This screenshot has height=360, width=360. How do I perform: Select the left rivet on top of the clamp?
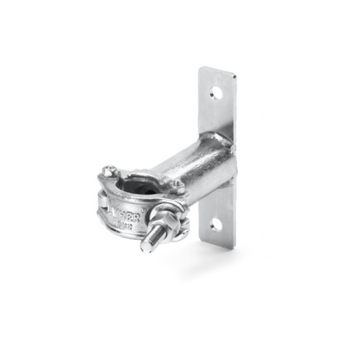point(109,171)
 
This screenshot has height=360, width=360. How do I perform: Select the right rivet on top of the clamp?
point(177,184)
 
